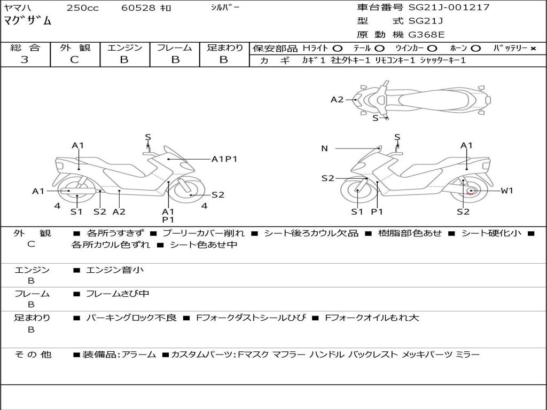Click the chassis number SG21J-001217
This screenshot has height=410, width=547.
click(449, 7)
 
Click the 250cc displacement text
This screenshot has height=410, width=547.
click(82, 8)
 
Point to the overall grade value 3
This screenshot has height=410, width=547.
click(25, 60)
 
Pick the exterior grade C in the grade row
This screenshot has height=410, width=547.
click(74, 60)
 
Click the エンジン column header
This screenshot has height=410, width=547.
click(124, 48)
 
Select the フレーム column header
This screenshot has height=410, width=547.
click(174, 48)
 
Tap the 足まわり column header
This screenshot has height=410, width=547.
click(225, 48)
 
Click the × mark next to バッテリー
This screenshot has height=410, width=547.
click(533, 49)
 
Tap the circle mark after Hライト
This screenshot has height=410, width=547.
click(337, 49)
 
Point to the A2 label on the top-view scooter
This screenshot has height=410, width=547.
click(337, 99)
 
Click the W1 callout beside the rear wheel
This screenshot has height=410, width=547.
click(506, 191)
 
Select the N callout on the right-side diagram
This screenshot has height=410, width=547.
click(324, 148)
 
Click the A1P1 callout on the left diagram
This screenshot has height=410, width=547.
click(224, 159)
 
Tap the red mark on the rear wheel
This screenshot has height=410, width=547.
click(470, 193)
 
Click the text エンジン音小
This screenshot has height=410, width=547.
click(115, 270)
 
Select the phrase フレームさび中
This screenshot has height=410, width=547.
click(118, 294)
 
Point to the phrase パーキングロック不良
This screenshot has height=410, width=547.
click(131, 318)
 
